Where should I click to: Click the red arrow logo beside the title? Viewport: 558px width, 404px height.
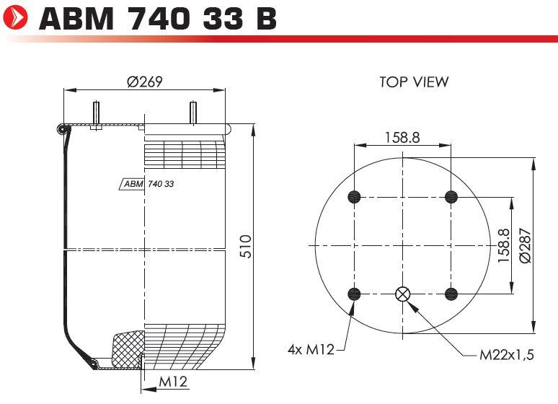[x=15, y=17]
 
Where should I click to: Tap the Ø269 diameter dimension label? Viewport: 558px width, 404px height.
[x=144, y=82]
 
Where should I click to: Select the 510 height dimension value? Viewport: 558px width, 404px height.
[x=246, y=246]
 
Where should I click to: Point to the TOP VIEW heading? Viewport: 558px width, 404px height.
[x=414, y=82]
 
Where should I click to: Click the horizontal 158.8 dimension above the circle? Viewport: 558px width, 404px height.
[x=402, y=137]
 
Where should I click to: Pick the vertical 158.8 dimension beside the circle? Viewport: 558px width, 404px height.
[x=503, y=246]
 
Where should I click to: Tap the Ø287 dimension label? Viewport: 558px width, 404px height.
[x=526, y=245]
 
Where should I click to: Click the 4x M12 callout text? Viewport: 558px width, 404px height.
[x=311, y=349]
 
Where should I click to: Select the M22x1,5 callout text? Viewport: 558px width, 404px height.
[x=507, y=355]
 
